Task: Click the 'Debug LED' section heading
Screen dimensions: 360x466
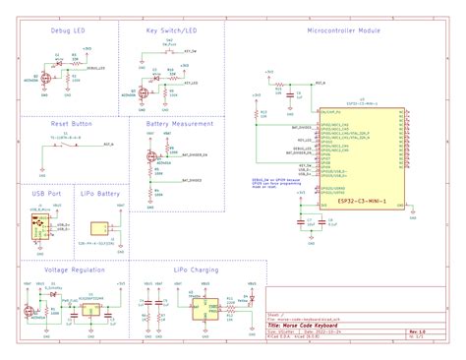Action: (67, 31)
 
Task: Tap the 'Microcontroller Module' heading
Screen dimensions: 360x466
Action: (343, 31)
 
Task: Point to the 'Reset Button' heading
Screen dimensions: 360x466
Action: (71, 125)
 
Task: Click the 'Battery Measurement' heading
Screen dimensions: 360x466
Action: (180, 125)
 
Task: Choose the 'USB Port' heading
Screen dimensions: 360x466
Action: (45, 195)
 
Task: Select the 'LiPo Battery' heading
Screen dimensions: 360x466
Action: (100, 195)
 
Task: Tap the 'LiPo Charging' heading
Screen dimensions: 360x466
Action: (196, 269)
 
